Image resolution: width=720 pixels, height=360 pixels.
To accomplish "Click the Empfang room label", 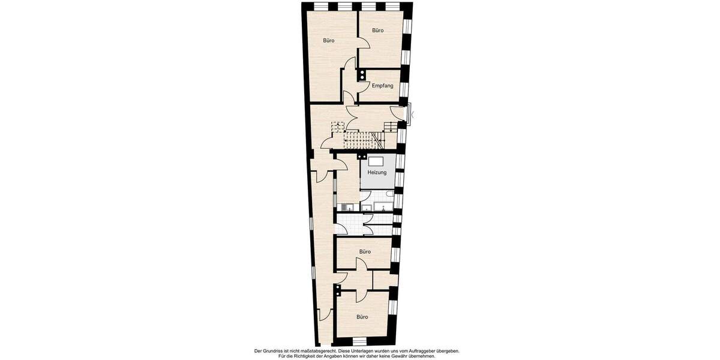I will coord(382,86).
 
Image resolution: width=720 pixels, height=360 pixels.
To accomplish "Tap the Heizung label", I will coord(377,173).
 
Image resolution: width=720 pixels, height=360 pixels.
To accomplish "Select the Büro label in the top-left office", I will coord(329,41).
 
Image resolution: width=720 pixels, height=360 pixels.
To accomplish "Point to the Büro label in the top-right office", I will coord(377,30).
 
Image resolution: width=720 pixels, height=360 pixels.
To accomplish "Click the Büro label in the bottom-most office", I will coord(362,317).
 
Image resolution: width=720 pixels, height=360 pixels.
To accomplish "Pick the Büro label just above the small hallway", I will coord(365,252).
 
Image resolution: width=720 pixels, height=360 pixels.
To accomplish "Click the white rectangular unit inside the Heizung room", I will coord(376,161).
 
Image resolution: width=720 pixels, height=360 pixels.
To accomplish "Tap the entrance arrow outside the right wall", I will coord(412,114).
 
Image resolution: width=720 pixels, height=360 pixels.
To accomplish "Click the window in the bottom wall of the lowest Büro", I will coord(359,341).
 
